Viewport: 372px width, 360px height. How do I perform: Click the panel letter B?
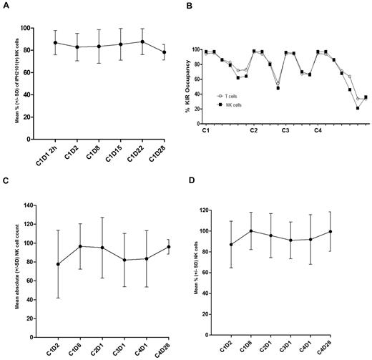(190, 9)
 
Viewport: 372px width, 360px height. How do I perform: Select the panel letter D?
(190, 189)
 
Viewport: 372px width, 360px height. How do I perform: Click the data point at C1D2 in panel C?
(58, 264)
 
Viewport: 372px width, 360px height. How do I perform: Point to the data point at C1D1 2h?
(56, 42)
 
